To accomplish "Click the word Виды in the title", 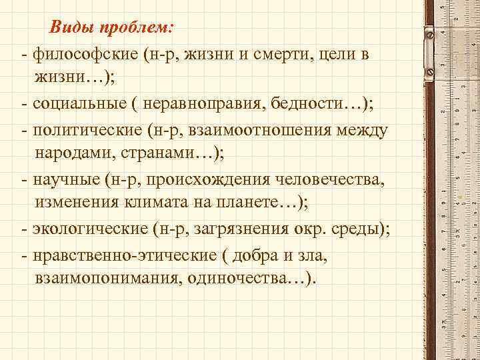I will pyautogui.click(x=71, y=29).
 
